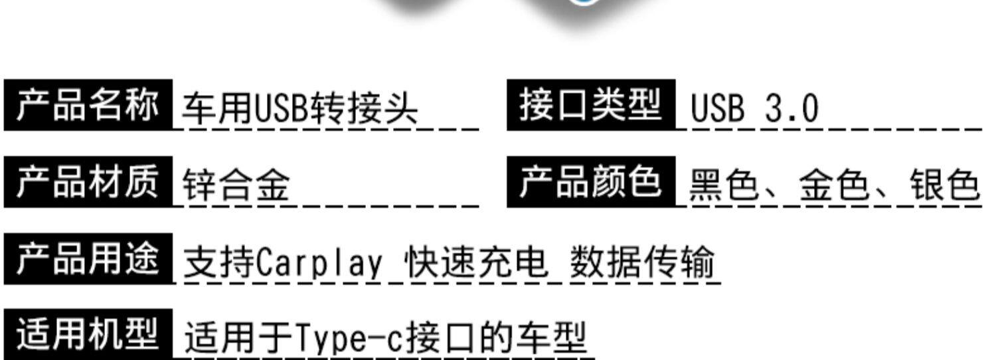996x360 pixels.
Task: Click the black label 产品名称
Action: (x=88, y=105)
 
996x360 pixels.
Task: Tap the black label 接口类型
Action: (x=591, y=105)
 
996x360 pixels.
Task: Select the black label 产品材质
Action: (x=88, y=181)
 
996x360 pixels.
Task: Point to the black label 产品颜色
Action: (x=591, y=181)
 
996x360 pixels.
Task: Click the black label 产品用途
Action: (x=88, y=258)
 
